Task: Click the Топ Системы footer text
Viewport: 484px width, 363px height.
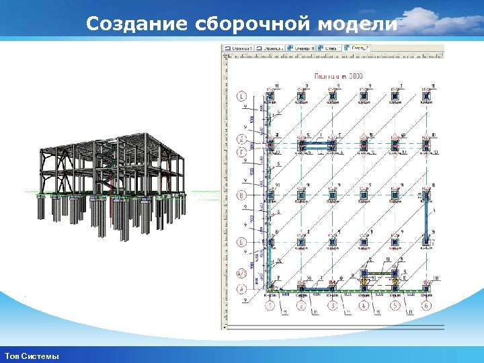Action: [x=32, y=356]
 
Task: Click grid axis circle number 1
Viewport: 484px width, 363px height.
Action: [x=270, y=307]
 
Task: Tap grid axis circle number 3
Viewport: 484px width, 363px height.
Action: [x=333, y=307]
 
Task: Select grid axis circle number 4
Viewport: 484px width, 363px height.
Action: [x=364, y=307]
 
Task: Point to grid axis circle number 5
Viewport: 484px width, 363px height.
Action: [x=395, y=307]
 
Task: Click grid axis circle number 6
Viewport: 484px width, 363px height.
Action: [x=426, y=307]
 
